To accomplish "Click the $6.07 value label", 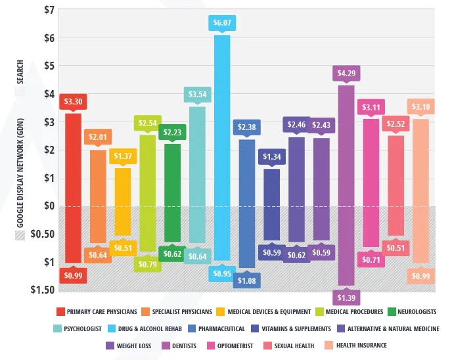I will pos(222,24).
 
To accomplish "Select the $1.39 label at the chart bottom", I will pos(346,298).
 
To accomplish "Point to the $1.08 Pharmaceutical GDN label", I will pos(247,280).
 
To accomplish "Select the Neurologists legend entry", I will pos(413,311).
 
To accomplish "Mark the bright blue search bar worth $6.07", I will pos(222,118).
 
